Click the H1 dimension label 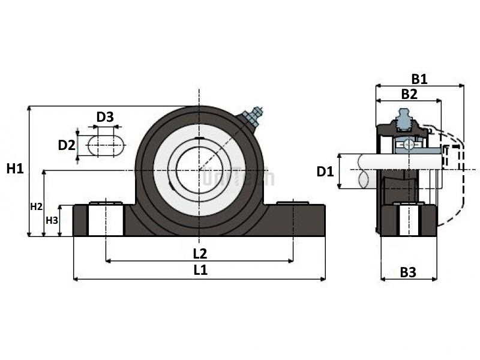(x=15, y=169)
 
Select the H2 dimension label (x=36, y=207)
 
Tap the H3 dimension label (x=52, y=220)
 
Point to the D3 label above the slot (x=105, y=117)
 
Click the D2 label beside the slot (x=67, y=145)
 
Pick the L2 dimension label (x=200, y=253)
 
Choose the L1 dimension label (x=200, y=270)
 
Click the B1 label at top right (x=419, y=79)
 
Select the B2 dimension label (x=409, y=94)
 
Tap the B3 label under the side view (x=408, y=272)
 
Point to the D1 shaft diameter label (x=325, y=172)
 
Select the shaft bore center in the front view (x=199, y=170)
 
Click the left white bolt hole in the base (x=106, y=219)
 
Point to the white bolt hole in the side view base (x=409, y=220)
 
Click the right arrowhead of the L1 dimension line (x=323, y=279)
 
